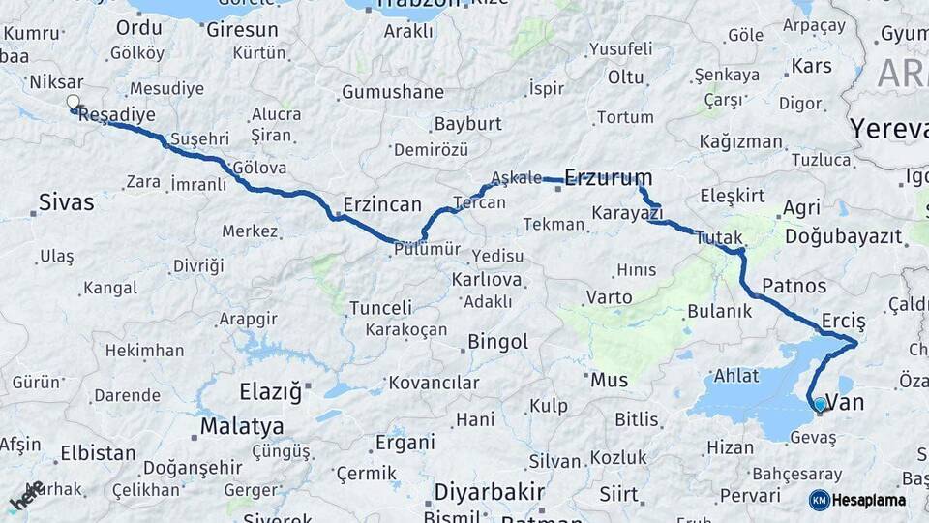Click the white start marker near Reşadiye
click(x=74, y=102)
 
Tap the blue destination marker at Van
click(x=820, y=405)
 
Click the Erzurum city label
click(x=608, y=177)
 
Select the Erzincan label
click(x=382, y=204)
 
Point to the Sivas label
click(x=66, y=202)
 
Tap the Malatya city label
click(x=241, y=426)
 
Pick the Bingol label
click(x=497, y=342)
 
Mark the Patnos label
click(x=794, y=286)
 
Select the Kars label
click(x=811, y=67)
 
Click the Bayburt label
click(x=467, y=124)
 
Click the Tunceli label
click(x=380, y=308)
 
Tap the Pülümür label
click(x=427, y=250)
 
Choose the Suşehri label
click(x=198, y=138)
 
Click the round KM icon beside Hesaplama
click(x=819, y=500)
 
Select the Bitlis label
click(x=636, y=419)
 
